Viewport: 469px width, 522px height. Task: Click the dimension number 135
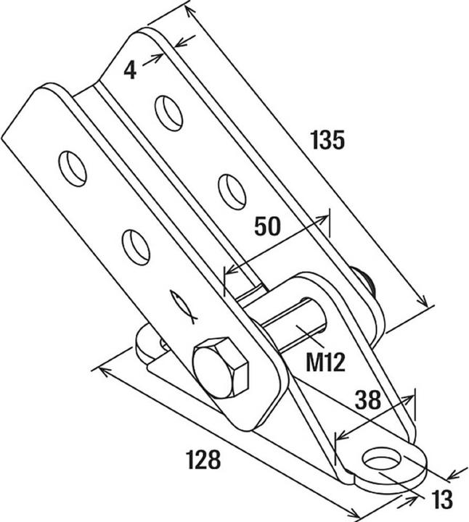click(326, 139)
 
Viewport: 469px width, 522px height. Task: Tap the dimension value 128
click(204, 460)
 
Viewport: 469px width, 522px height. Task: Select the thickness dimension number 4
click(130, 70)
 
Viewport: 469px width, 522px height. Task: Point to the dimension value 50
click(269, 226)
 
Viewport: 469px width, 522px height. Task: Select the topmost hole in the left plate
click(73, 167)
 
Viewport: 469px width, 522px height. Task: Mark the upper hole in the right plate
click(169, 112)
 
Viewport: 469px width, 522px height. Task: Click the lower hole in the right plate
click(232, 191)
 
